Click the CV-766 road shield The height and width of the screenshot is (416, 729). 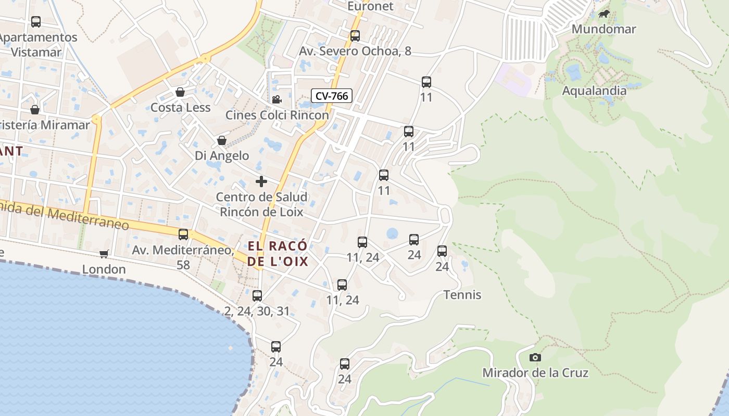pos(332,96)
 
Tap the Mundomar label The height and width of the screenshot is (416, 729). pos(604,29)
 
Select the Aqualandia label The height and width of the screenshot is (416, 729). pos(594,90)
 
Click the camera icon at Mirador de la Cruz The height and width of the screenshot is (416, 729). pos(535,358)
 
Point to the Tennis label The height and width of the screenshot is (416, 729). pos(462,295)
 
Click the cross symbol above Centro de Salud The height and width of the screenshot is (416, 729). pos(261,181)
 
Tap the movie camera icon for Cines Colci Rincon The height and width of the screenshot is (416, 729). pos(276,99)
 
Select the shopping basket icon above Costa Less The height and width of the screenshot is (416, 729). pos(180,93)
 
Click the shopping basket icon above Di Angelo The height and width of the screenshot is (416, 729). pos(222,141)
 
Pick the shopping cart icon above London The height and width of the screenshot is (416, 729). pos(104,254)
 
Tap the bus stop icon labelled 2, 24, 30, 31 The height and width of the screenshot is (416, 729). pos(257,296)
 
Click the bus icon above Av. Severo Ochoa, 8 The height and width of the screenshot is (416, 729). pos(355,36)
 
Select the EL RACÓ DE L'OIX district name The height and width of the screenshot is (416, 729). pos(278,253)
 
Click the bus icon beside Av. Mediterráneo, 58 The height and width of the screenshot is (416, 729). pos(183,235)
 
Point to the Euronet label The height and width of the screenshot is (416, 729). pos(370,6)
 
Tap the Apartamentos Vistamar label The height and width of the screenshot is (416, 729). pos(37,45)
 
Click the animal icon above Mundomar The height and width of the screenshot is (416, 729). pos(604,14)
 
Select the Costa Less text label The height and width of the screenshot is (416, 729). pos(180,108)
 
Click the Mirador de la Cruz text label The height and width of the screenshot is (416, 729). pos(535,373)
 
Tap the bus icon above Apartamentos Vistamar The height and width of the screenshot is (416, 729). pos(36,22)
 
